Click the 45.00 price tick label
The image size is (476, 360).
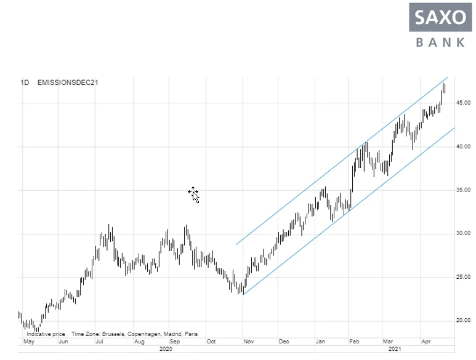463,102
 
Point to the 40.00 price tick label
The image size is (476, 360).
463,146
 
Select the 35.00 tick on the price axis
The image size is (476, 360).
463,190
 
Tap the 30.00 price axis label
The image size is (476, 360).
463,234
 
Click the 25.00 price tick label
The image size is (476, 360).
463,277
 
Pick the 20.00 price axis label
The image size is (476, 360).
463,321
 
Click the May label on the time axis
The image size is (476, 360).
28,341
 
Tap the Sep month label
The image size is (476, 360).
174,341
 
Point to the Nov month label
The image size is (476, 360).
249,341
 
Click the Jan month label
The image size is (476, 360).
320,341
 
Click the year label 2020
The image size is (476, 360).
166,349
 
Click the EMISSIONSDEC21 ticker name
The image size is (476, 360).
68,82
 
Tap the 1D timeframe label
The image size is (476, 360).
25,82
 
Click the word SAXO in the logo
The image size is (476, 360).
440,17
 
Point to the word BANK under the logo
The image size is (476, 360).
440,42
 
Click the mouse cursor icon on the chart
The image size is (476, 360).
194,194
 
